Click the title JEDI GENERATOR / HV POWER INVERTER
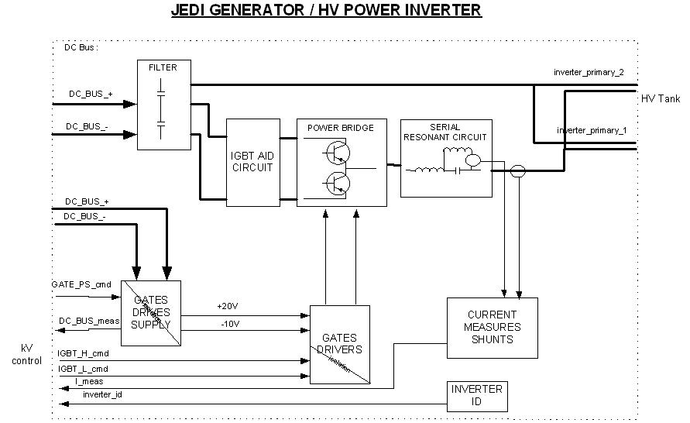pyautogui.click(x=326, y=11)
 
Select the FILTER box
pyautogui.click(x=163, y=105)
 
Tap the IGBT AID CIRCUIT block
pyautogui.click(x=252, y=162)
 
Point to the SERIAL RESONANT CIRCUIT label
pyautogui.click(x=445, y=132)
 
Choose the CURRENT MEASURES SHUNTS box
pyautogui.click(x=493, y=327)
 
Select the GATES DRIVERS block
pyautogui.click(x=339, y=344)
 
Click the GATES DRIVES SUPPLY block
pyautogui.click(x=151, y=312)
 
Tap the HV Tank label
pyautogui.click(x=660, y=99)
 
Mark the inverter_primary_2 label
pyautogui.click(x=589, y=72)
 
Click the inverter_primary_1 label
pyautogui.click(x=592, y=130)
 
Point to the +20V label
pyautogui.click(x=228, y=306)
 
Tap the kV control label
pyautogui.click(x=26, y=355)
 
